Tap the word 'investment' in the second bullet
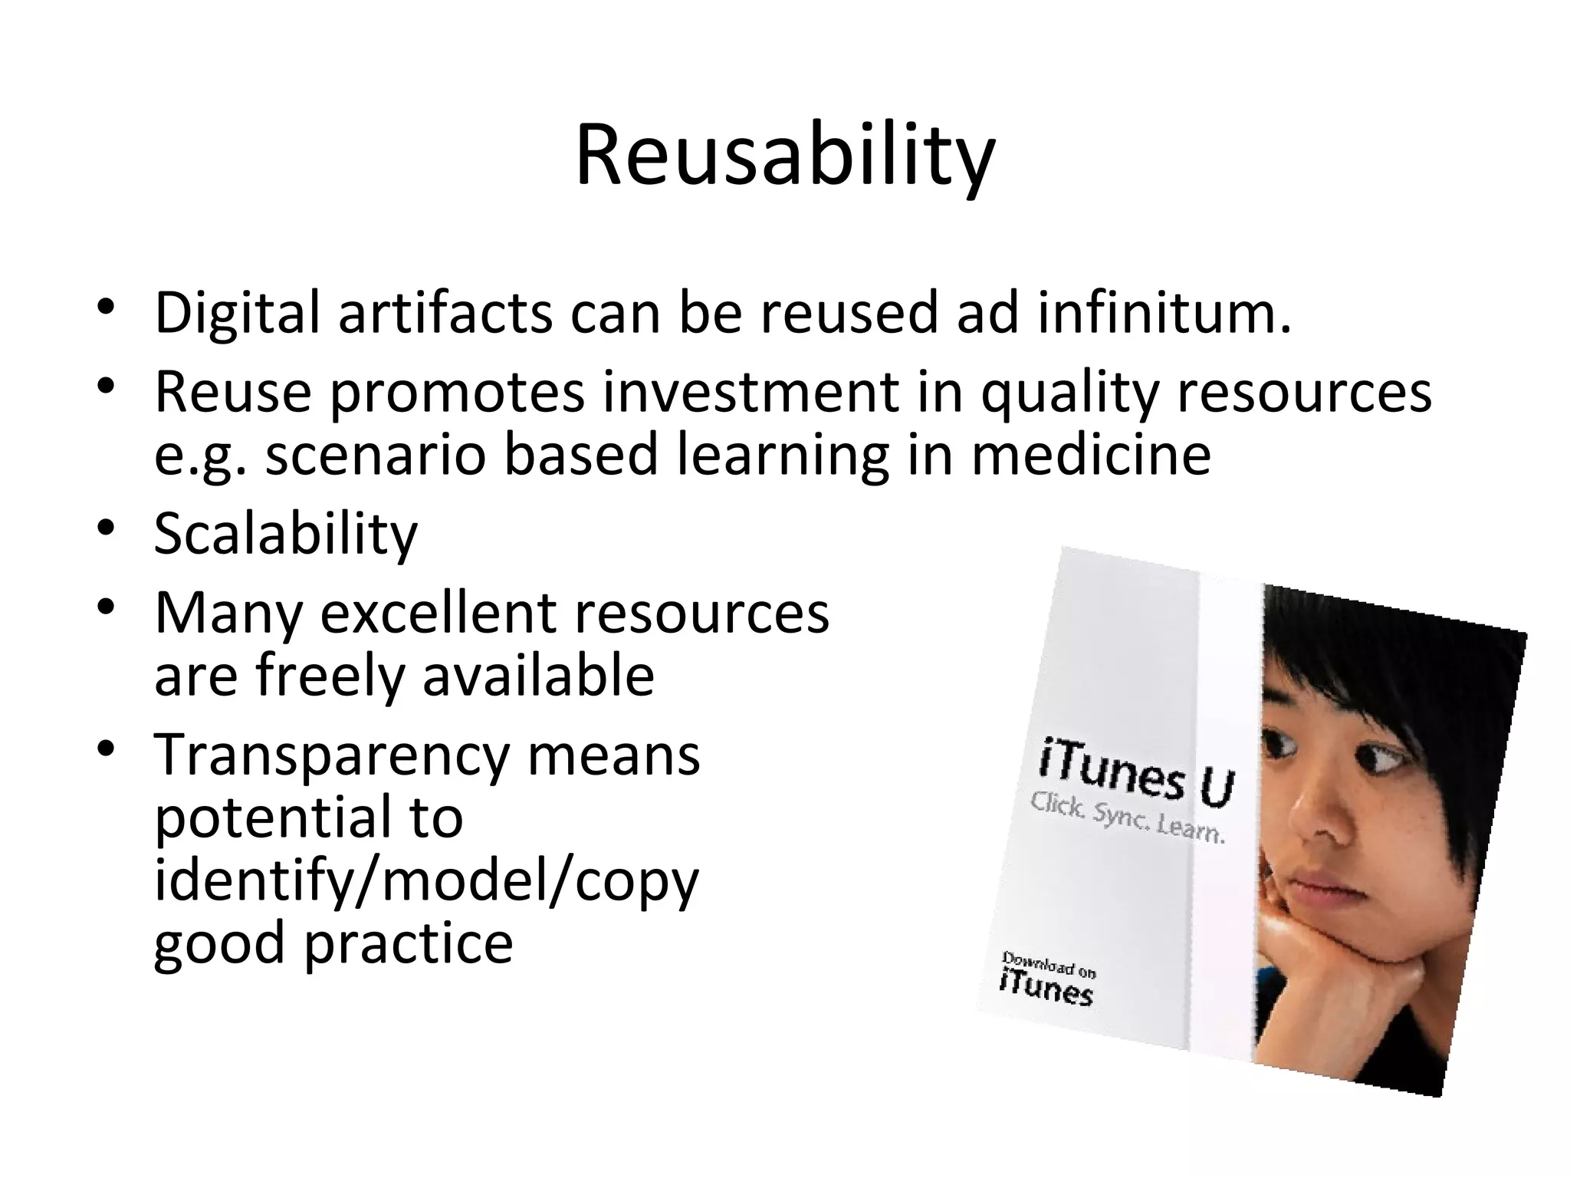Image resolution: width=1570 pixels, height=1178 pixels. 750,392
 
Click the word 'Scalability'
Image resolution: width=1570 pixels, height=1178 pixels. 286,534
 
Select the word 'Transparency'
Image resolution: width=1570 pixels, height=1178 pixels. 332,755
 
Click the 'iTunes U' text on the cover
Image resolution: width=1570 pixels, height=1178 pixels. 1136,774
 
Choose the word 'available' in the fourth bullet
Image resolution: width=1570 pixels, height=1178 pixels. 538,676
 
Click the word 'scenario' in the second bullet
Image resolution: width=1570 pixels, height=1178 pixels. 375,455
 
